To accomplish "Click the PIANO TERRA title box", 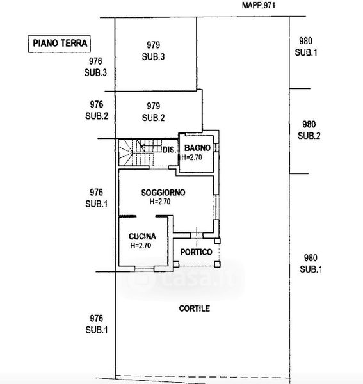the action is click(60, 44).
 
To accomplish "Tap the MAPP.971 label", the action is click(259, 5).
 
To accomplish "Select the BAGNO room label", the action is click(197, 148).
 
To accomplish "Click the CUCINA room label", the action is click(142, 236).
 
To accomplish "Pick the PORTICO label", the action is click(196, 252).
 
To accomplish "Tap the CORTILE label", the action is click(195, 308).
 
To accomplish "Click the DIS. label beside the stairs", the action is click(169, 150).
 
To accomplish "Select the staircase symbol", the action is click(140, 152).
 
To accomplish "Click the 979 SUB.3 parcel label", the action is click(154, 51).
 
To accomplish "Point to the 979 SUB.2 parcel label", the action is click(154, 112).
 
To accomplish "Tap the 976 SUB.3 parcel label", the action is click(95, 67).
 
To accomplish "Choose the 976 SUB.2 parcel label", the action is click(97, 110).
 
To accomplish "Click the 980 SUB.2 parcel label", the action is click(309, 130).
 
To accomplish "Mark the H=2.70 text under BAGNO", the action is click(192, 157).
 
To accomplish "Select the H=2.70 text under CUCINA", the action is click(141, 245).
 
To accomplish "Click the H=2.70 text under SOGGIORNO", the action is click(160, 202).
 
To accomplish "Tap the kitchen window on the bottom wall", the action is click(144, 269).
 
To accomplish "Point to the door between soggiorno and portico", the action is click(197, 236).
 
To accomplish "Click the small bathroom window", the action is click(216, 148).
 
